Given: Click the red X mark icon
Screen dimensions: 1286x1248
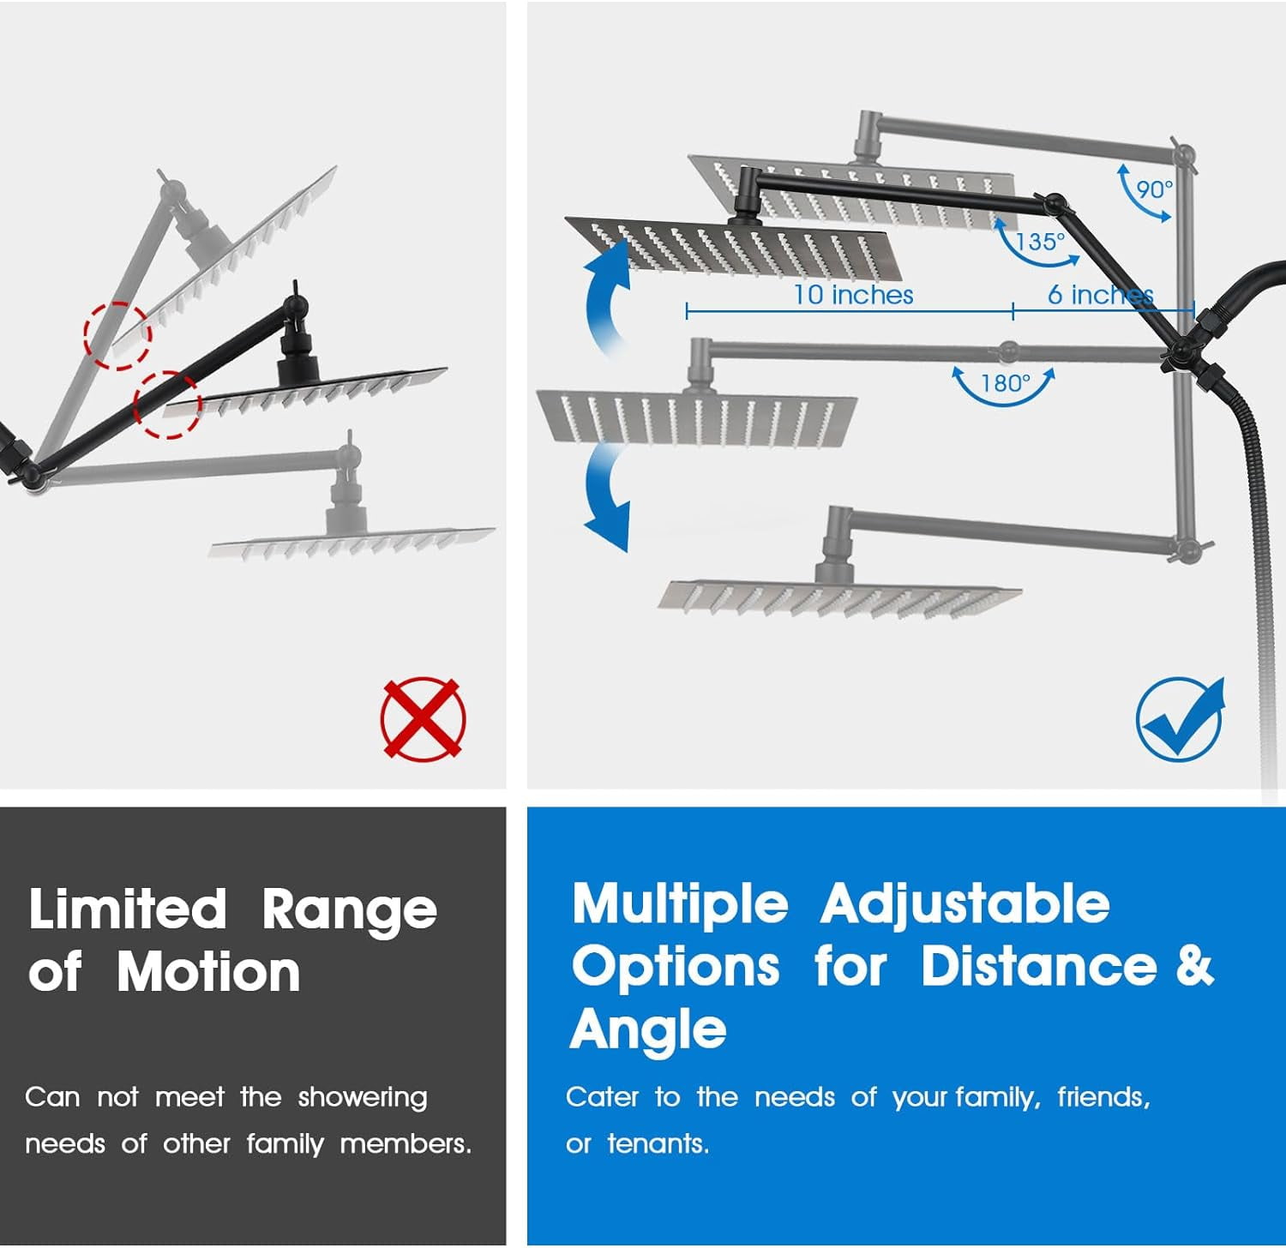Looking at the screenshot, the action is tap(424, 718).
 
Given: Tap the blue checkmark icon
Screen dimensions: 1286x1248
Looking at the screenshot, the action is tap(1181, 718).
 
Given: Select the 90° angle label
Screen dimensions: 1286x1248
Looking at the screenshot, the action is tap(1154, 189).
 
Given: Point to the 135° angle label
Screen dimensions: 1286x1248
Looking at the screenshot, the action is tap(1040, 242).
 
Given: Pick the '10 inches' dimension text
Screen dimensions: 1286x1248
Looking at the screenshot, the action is tap(853, 295).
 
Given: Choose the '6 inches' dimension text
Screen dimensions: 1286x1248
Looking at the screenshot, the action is tap(1101, 295).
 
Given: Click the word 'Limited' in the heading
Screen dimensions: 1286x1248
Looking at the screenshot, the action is tap(128, 909).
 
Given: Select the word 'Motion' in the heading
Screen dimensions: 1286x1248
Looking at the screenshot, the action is tap(208, 972).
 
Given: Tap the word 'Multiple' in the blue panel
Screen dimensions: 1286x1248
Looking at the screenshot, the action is tap(680, 905).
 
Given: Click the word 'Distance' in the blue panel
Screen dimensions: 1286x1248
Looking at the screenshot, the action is tap(1039, 966).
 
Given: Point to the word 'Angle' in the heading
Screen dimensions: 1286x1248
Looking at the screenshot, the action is tap(648, 1029).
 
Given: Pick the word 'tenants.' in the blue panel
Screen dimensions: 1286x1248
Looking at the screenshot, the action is tap(658, 1143).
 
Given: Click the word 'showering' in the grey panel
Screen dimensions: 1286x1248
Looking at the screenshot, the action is tap(363, 1098).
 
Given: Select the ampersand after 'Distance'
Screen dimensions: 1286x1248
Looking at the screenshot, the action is tap(1194, 966).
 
